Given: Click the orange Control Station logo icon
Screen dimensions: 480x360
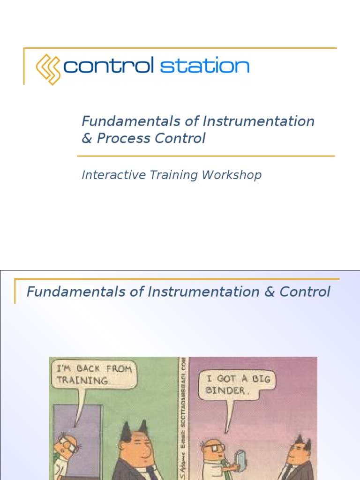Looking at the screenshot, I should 48,69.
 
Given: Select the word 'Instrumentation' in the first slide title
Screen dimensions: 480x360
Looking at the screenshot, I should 258,121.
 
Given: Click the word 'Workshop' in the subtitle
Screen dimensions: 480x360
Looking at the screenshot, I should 232,175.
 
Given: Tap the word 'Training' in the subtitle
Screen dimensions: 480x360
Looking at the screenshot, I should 173,175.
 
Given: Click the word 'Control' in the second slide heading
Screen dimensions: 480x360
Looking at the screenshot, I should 305,292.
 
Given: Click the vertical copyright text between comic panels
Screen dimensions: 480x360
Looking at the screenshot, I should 183,417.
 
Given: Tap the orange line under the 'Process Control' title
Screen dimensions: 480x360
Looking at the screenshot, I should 206,156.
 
